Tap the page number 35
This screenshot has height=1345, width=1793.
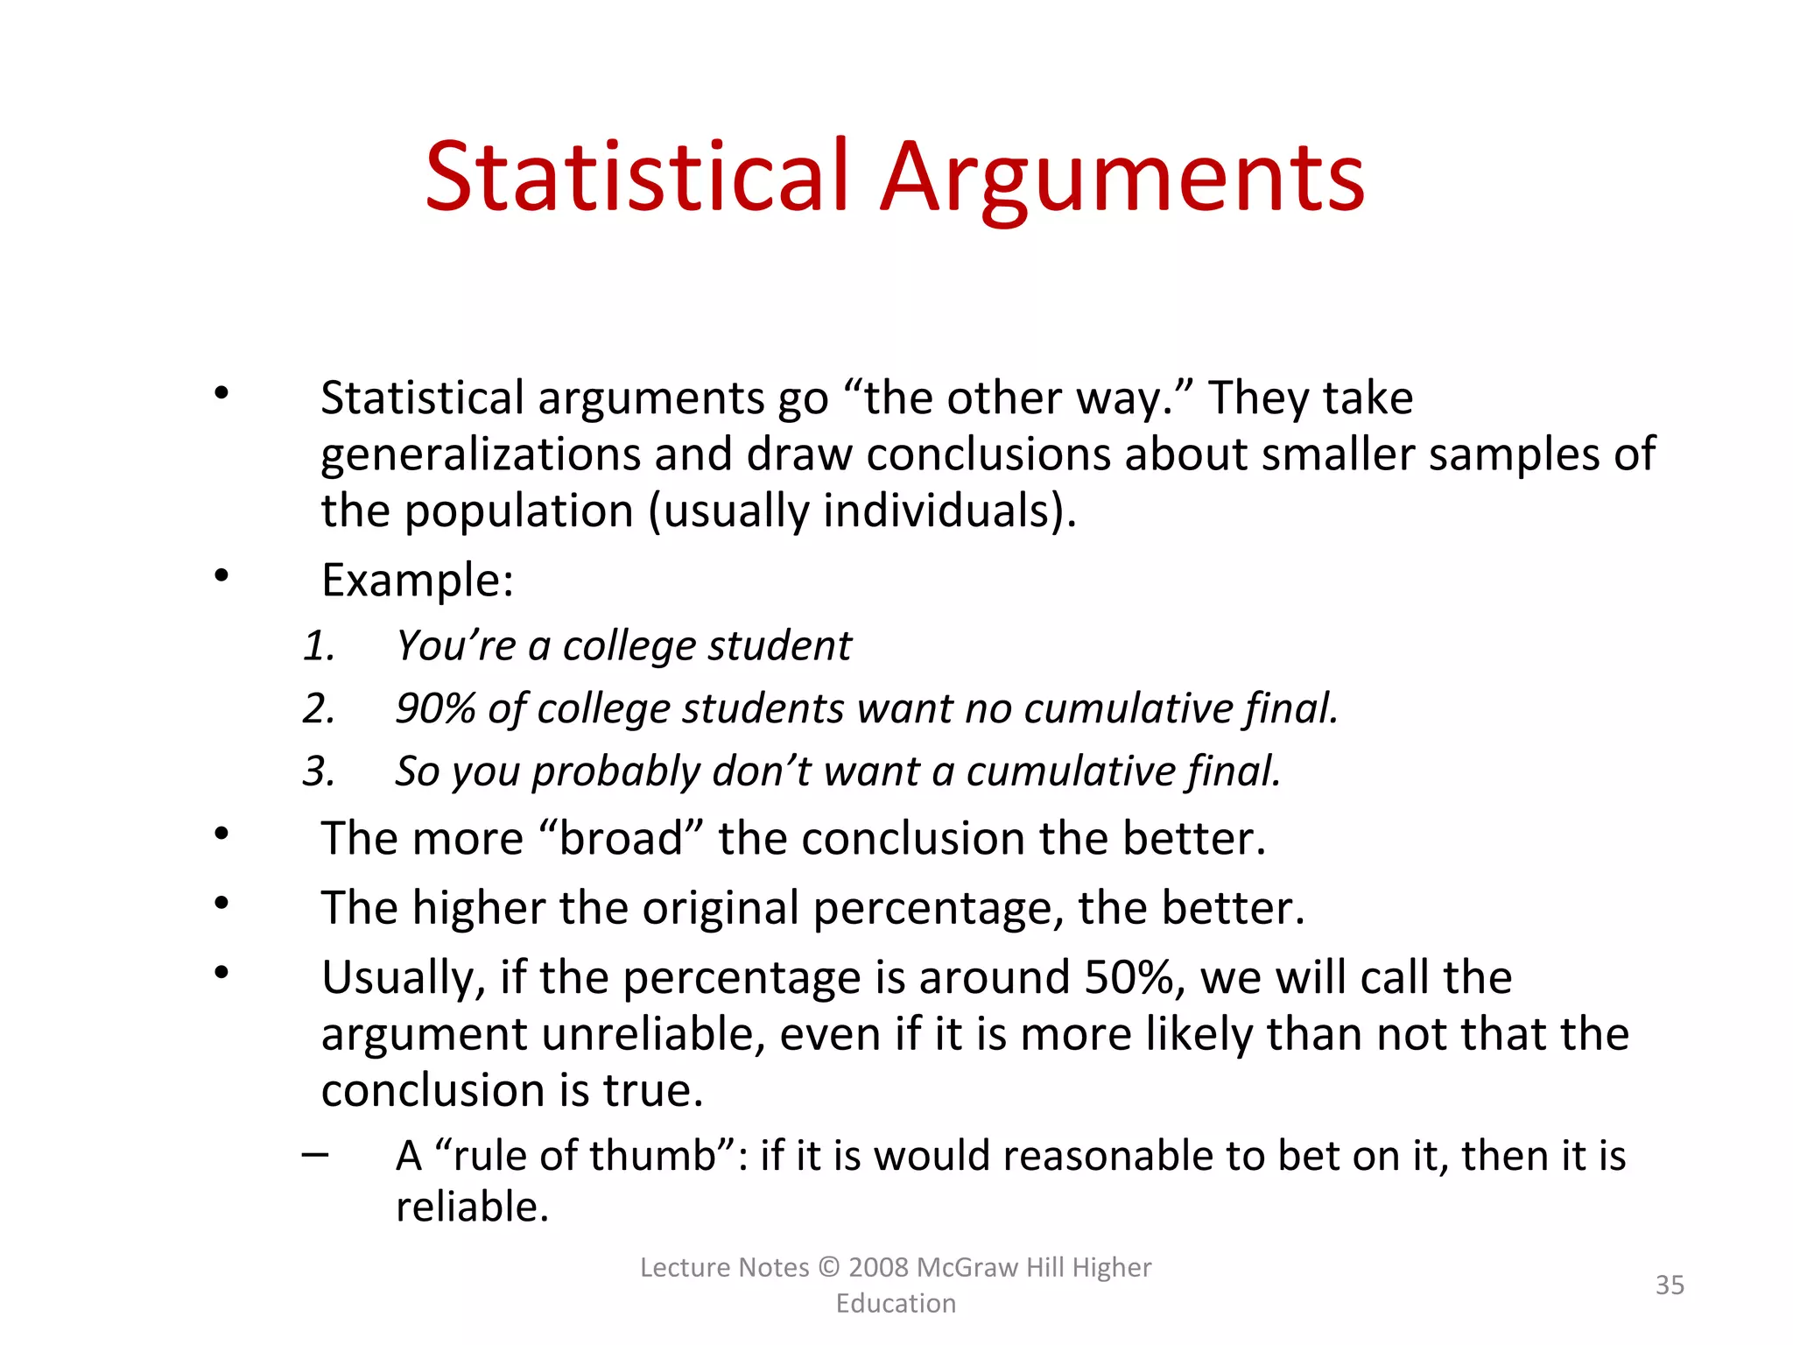tap(1670, 1285)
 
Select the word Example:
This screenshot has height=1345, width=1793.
tap(418, 580)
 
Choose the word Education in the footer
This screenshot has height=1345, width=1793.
tap(896, 1303)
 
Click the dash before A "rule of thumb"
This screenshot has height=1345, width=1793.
tap(315, 1154)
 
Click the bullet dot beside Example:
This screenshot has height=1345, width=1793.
tap(221, 575)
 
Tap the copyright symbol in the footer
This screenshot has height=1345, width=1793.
tap(828, 1267)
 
